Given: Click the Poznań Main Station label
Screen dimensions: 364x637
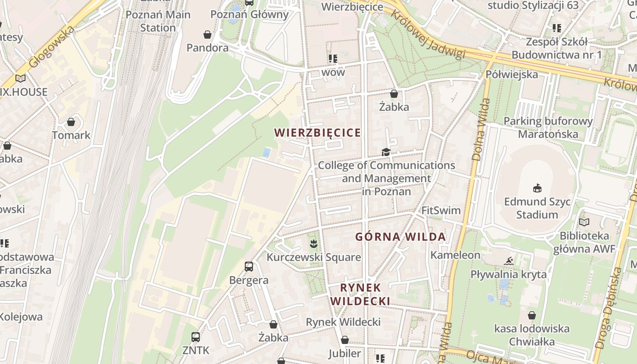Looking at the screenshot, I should point(157,21).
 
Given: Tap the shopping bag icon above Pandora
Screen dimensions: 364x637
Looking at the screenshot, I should point(207,35).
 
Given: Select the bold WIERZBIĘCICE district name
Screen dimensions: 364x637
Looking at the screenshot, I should point(317,133).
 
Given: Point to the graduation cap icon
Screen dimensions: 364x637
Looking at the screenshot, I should point(386,152).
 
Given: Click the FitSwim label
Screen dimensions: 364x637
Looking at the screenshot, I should point(441,211).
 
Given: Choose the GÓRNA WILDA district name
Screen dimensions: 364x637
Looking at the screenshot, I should point(400,237).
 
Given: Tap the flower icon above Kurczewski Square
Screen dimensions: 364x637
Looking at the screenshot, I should point(313,244).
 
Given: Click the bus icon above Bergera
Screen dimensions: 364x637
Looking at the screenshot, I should point(249,267).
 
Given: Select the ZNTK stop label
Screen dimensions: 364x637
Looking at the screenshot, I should point(196,350).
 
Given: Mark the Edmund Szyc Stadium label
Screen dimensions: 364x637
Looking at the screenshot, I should point(537,208).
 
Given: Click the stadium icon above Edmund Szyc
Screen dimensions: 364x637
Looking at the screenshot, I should point(537,188).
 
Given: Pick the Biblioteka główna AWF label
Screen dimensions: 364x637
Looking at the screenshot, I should point(584,243).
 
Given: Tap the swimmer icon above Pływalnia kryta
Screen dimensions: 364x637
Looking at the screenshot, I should point(509,261).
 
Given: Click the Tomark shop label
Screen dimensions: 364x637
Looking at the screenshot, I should point(71,135).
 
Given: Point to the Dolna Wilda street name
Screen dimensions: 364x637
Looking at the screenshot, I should point(480,130).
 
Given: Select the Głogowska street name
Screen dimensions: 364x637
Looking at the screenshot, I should point(51,48).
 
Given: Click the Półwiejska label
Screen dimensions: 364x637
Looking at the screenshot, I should point(512,74).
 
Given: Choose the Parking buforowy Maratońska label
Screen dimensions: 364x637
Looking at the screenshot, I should point(548,128).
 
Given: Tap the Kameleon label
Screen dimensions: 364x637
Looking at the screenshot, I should point(455,255).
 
